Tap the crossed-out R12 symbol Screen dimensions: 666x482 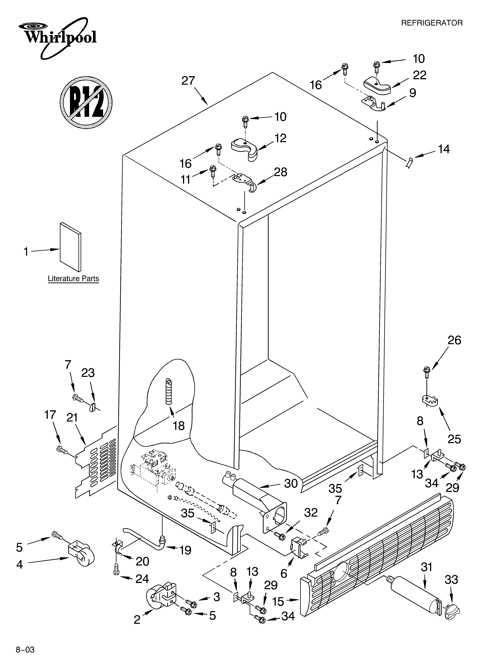click(86, 102)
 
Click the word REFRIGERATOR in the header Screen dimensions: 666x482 click(431, 23)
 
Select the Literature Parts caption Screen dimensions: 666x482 click(73, 278)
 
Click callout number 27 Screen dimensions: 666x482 click(188, 81)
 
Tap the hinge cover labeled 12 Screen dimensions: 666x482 click(244, 150)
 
